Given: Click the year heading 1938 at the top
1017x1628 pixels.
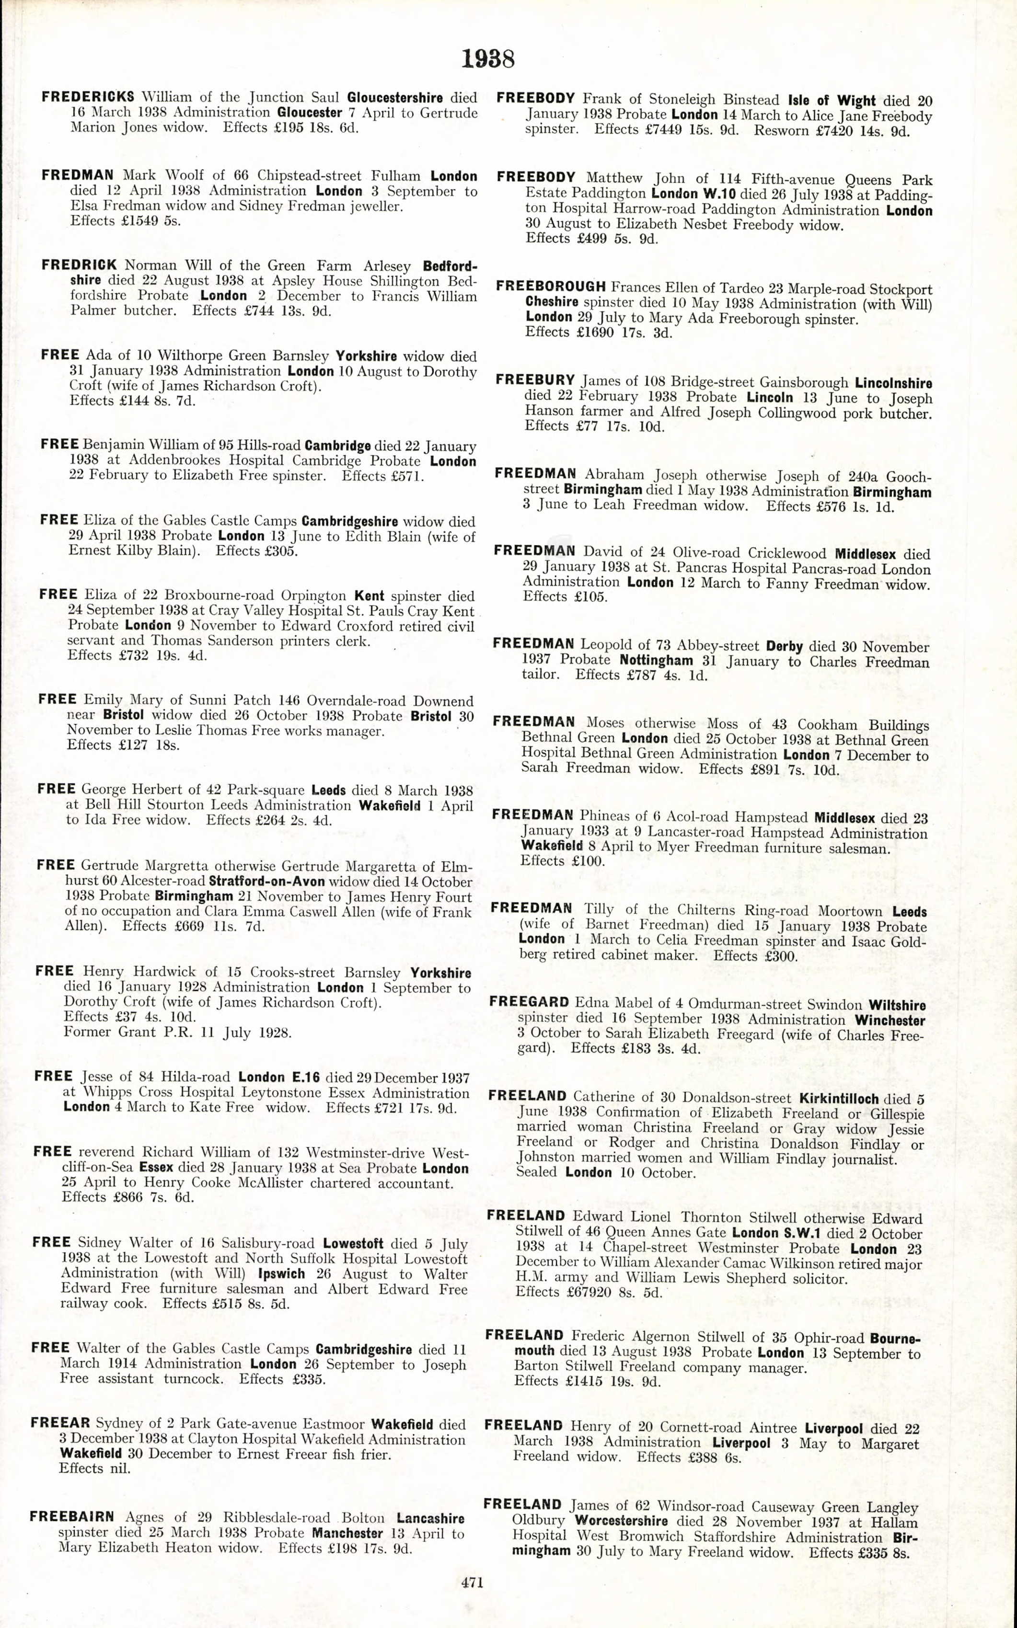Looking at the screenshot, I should click(488, 59).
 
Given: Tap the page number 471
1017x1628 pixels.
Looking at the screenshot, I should click(472, 1582).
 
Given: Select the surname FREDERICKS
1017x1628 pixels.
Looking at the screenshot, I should click(88, 97).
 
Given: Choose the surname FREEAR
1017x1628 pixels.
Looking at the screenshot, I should click(60, 1423).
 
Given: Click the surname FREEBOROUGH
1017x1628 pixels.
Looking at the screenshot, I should click(551, 287).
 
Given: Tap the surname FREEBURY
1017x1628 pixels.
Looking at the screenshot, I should click(535, 380).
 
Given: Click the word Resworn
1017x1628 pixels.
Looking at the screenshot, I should click(780, 130).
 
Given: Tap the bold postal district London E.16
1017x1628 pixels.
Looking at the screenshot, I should click(278, 1077).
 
